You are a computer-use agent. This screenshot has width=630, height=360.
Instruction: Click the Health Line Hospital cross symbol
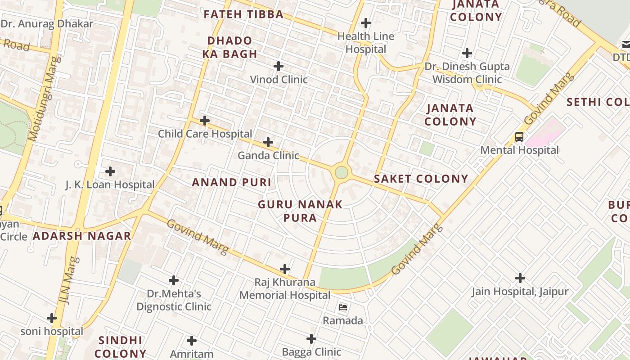pos(366,22)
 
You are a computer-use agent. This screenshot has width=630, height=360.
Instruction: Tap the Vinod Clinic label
pos(279,80)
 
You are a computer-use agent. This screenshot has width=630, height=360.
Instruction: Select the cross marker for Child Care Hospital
pos(205,121)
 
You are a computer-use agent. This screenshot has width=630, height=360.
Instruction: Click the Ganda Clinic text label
pos(268,156)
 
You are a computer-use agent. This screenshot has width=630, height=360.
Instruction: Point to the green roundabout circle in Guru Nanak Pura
pos(342,172)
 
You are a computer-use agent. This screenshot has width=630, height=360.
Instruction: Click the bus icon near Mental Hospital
pos(519,137)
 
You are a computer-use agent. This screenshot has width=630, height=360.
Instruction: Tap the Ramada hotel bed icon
pos(343,308)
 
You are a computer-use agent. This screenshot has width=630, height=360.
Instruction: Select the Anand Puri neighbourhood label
pos(232,182)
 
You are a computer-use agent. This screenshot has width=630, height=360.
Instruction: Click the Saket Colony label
pos(421,179)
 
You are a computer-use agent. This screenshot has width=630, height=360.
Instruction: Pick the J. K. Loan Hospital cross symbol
pos(110,171)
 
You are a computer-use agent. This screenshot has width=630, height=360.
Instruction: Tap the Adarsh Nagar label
pos(82,236)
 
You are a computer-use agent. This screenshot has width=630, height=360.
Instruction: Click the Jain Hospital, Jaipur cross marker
pos(520,278)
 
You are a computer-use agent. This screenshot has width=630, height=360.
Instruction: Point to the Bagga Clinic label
pos(311,352)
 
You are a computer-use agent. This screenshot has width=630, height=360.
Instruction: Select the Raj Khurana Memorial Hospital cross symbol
pos(285,269)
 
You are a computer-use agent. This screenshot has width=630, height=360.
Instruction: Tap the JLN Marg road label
pos(70,280)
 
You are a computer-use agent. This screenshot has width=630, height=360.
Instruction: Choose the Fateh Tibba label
pos(243,14)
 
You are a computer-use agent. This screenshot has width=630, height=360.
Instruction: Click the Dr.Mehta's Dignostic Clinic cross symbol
pos(174,280)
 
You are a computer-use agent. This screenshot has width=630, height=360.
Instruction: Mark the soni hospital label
pos(52,332)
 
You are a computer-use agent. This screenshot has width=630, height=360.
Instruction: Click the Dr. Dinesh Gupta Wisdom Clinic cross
pos(467,53)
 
